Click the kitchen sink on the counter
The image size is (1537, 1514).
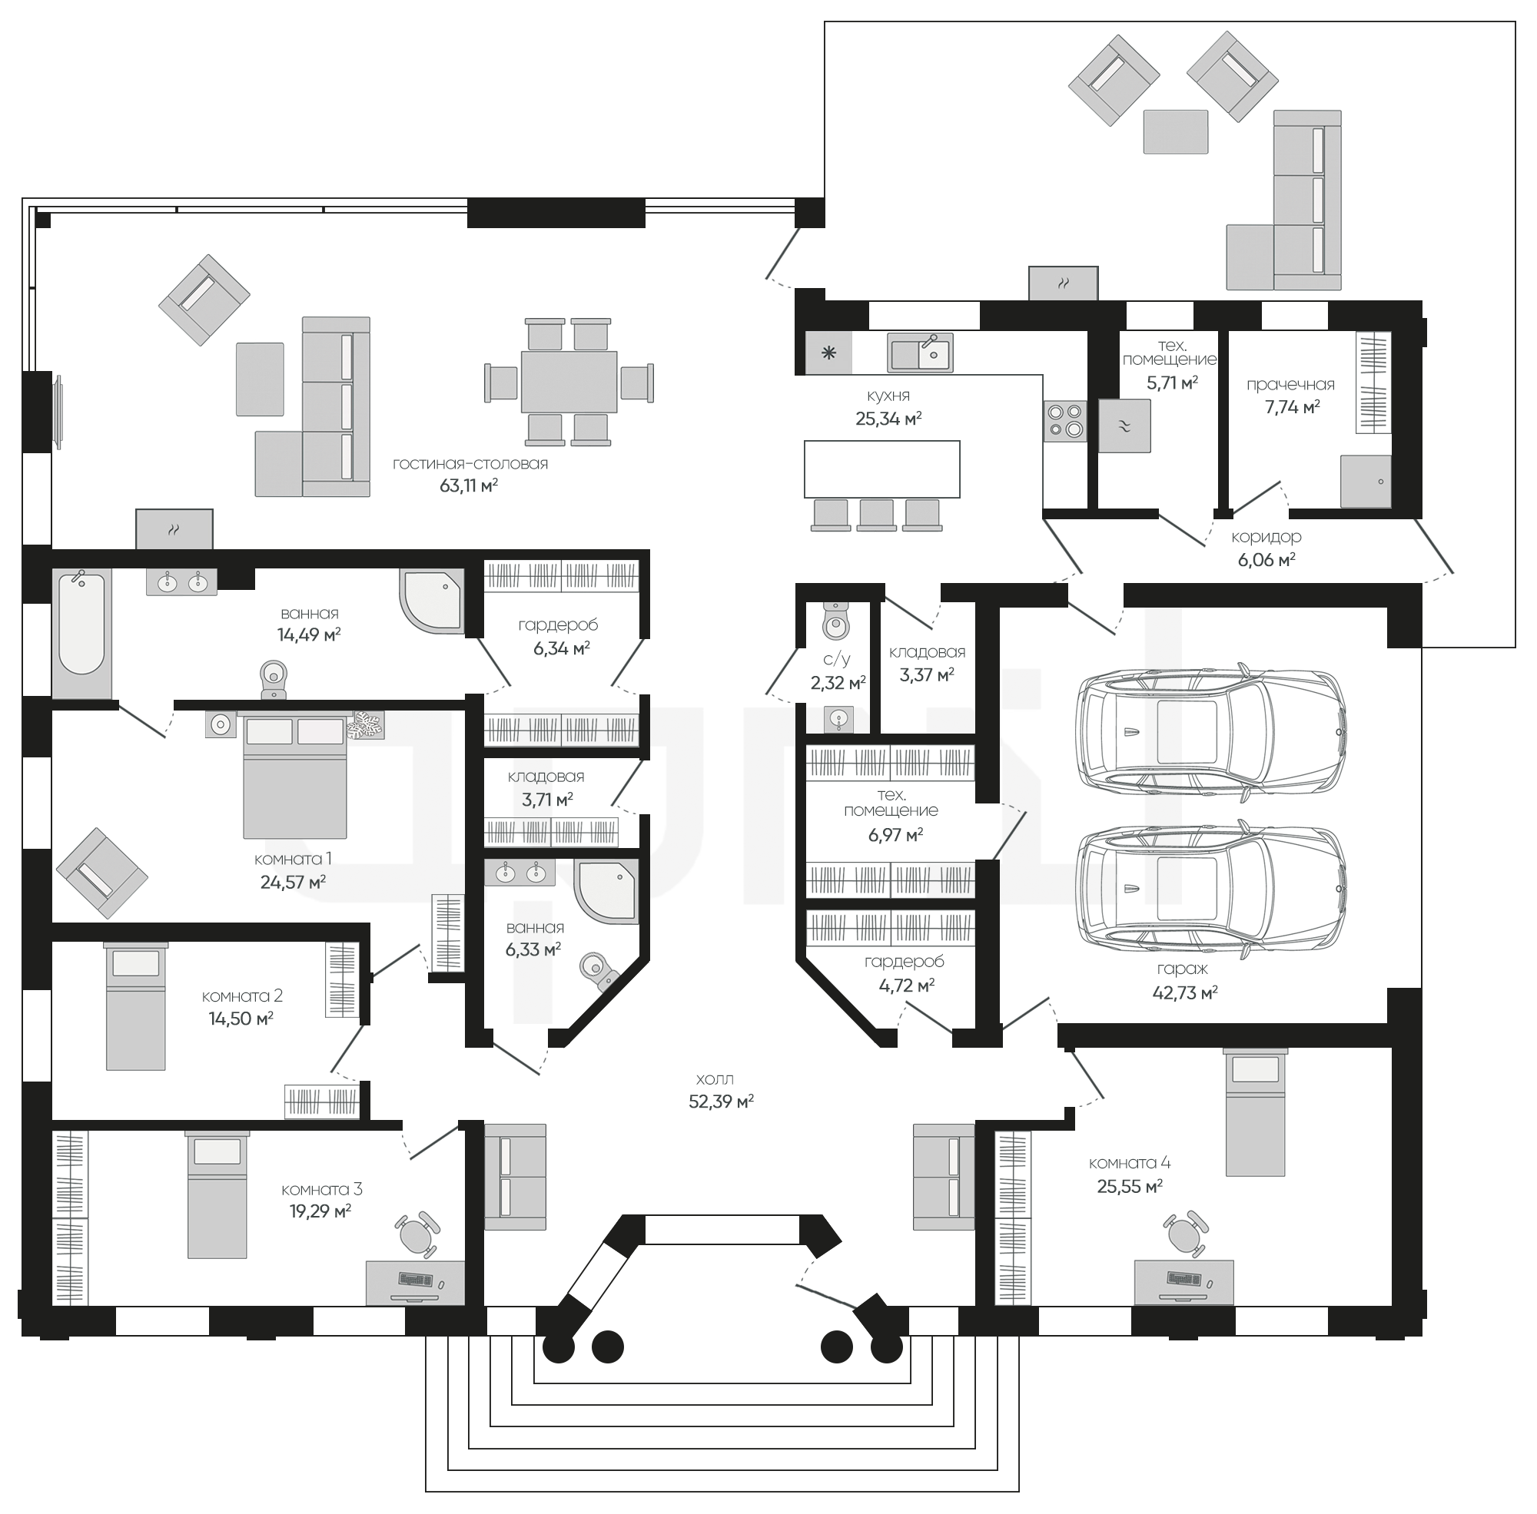tap(921, 352)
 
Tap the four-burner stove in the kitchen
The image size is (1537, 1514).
tap(1064, 421)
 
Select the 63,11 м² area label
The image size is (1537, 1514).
tap(469, 485)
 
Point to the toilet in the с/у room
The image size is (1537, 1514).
tap(835, 620)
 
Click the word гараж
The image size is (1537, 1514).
tap(1183, 969)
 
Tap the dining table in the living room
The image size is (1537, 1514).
tap(569, 382)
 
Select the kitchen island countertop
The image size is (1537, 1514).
tap(882, 469)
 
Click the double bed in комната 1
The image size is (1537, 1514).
tap(294, 776)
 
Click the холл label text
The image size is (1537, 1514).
tap(715, 1079)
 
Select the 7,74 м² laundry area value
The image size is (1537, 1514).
tap(1293, 407)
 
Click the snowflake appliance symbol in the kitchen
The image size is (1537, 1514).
tap(828, 353)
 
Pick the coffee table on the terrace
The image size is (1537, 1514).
tap(1176, 131)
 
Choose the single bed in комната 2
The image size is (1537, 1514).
tap(136, 1007)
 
